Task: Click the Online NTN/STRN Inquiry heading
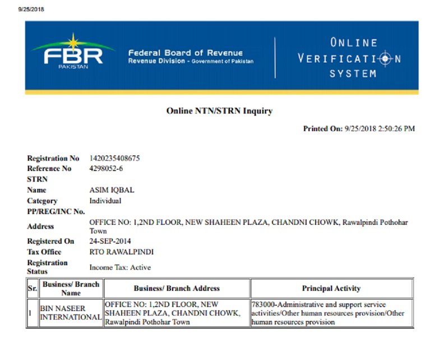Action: (219, 111)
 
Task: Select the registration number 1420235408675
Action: (114, 158)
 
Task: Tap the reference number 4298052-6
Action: (106, 168)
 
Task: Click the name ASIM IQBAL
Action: (112, 190)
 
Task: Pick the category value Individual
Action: (105, 201)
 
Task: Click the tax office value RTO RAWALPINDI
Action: (121, 252)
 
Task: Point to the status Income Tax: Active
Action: (120, 267)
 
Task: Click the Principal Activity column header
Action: (331, 288)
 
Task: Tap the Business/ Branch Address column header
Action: (177, 288)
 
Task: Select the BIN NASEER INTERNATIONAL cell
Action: (71, 313)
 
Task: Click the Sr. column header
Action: (31, 288)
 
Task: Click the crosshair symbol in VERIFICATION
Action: (385, 58)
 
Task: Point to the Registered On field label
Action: (50, 241)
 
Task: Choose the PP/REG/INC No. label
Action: (56, 211)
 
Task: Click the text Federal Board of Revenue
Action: (185, 53)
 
